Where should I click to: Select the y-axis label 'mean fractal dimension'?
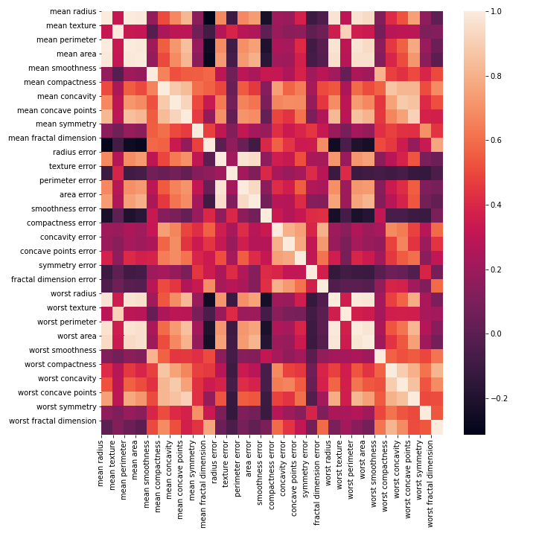click(x=55, y=138)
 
